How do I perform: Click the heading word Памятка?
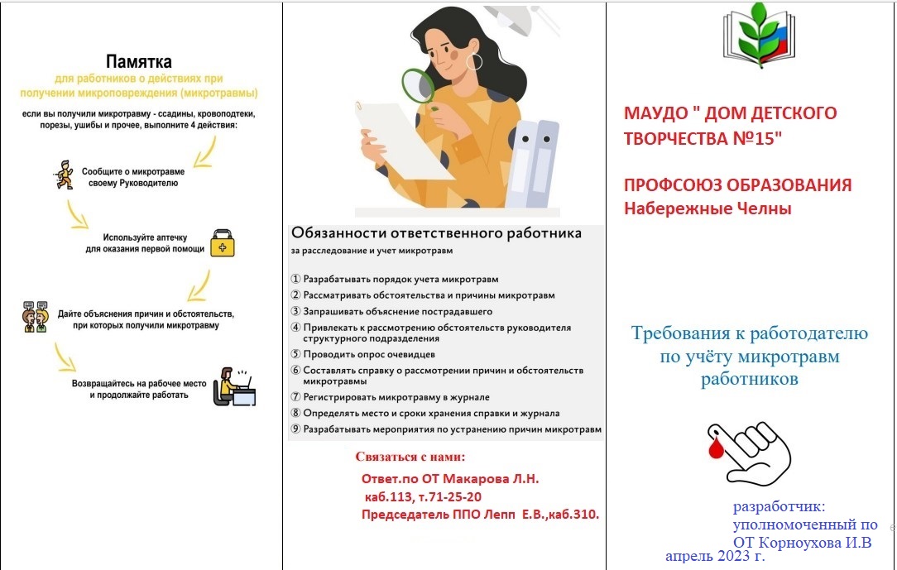138,61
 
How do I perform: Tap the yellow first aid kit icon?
223,243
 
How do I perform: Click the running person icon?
65,175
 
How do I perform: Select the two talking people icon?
36,317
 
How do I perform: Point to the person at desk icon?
234,387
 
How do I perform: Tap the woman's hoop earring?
474,61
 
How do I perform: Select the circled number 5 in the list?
295,354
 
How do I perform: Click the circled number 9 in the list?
295,429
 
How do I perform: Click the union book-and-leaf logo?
759,36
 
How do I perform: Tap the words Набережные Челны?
708,208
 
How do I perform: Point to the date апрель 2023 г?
714,556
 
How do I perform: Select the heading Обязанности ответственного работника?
436,232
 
